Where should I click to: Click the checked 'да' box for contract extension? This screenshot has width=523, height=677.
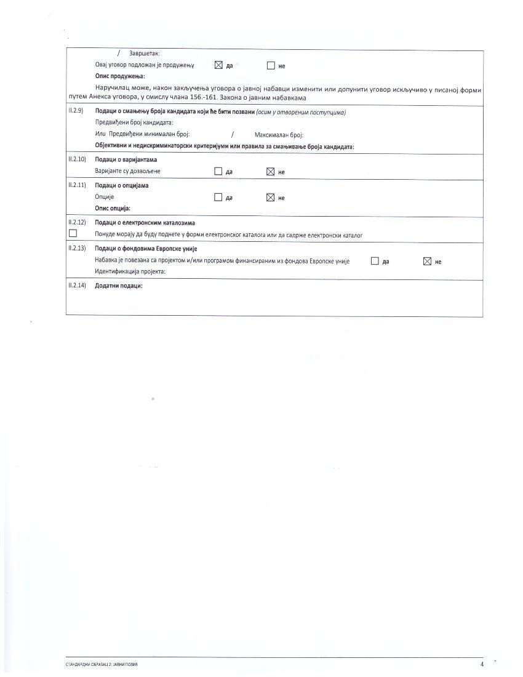tap(218, 65)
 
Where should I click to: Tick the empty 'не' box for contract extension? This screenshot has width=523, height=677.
tap(270, 65)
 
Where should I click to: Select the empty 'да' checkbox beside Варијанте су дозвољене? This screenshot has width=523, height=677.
tap(218, 171)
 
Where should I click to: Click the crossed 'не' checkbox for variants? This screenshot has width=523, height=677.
tap(270, 172)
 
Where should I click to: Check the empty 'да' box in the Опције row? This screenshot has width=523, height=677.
tap(218, 197)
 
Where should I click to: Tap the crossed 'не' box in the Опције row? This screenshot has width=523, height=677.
tap(270, 198)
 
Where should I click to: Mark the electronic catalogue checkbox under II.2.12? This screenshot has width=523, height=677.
tap(73, 233)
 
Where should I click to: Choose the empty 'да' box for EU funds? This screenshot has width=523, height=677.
tap(375, 260)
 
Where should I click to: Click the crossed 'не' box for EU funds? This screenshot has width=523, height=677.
tap(427, 261)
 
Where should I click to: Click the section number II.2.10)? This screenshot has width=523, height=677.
tap(78, 159)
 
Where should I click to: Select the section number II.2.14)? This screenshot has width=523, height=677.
tap(78, 286)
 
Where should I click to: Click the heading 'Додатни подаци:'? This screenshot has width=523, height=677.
tap(119, 286)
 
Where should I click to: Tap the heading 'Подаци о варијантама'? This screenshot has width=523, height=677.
tap(126, 159)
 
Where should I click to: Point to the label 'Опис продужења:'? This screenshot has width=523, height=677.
tap(120, 76)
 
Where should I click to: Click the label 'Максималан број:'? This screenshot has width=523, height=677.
tap(279, 134)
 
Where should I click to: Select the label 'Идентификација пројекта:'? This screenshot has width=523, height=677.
tap(130, 271)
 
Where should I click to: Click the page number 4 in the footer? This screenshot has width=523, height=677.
tap(482, 664)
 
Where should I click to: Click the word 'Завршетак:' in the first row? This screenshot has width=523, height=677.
tap(145, 54)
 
